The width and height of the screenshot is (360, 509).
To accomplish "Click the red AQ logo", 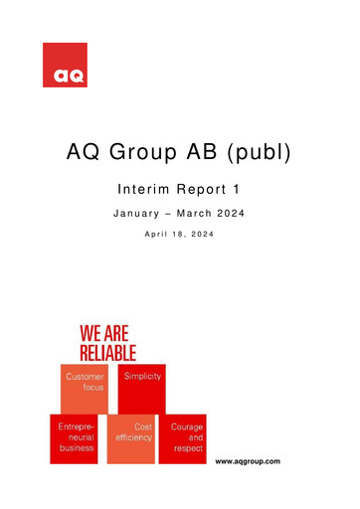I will pyautogui.click(x=65, y=65).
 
